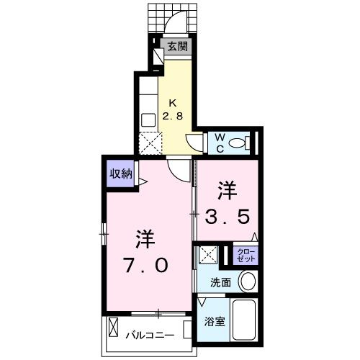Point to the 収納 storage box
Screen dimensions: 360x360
coord(121,174)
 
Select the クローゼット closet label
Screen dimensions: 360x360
coord(243,253)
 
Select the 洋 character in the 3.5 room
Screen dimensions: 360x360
coord(228,190)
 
